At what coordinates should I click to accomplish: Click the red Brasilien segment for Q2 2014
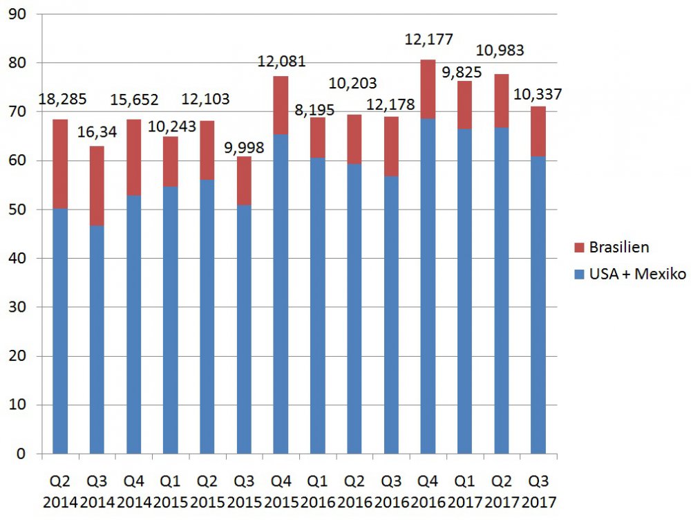click(x=61, y=164)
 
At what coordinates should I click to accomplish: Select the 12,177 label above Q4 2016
click(x=428, y=39)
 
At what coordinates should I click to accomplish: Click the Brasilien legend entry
click(x=612, y=247)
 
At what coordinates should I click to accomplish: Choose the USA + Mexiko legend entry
click(x=629, y=275)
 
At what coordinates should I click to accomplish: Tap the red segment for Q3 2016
click(x=391, y=147)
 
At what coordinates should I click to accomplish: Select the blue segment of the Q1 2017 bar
click(x=465, y=291)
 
